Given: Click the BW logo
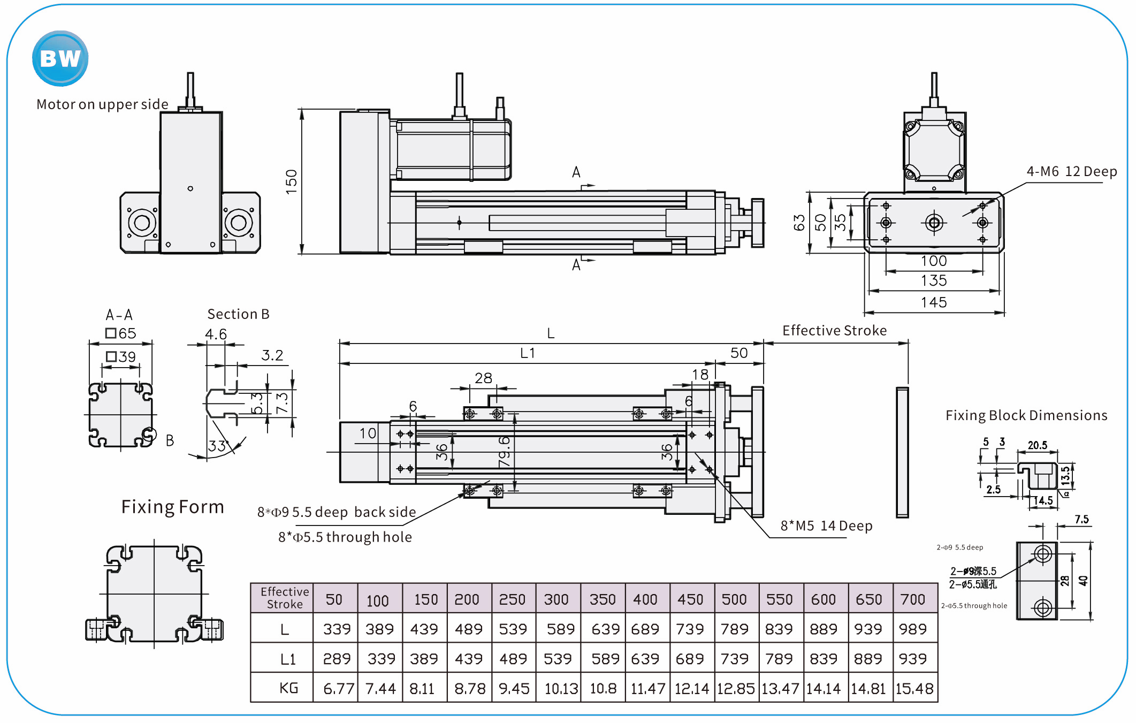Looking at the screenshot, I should click(x=60, y=58).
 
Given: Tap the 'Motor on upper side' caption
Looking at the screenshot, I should click(x=102, y=104).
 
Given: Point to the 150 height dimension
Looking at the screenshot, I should click(x=291, y=181).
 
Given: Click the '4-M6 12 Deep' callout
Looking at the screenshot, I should click(x=1071, y=172).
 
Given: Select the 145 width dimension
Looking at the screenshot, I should click(x=934, y=303).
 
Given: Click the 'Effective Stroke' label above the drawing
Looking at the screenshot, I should click(x=834, y=331).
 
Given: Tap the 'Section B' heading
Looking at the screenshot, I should click(x=238, y=314).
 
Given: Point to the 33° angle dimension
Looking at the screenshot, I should click(x=218, y=446).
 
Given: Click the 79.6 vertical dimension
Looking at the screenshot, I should click(x=504, y=451).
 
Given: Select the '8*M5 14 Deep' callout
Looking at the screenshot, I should click(x=826, y=526).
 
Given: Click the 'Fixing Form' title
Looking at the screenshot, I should click(x=172, y=507).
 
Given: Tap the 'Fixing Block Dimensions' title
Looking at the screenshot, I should click(x=1026, y=416).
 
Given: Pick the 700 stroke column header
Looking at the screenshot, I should click(x=913, y=599).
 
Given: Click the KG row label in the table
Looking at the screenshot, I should click(x=288, y=688).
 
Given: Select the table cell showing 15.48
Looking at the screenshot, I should click(x=914, y=689).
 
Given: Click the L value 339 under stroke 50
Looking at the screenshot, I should click(x=337, y=629).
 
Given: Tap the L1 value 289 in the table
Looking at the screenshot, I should click(x=337, y=659).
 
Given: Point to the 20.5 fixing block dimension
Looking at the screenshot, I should click(x=1038, y=445).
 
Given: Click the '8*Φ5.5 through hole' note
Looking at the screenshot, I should click(x=345, y=537).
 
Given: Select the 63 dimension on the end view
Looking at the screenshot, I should click(x=799, y=223).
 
